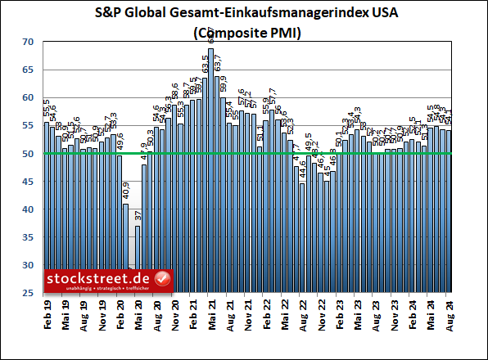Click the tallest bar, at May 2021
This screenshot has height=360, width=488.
(x=210, y=164)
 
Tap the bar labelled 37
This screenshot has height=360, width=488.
(x=138, y=254)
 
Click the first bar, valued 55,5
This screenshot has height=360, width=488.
(x=47, y=205)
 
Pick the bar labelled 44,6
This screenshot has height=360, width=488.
(x=302, y=237)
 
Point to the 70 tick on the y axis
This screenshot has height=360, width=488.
(x=28, y=42)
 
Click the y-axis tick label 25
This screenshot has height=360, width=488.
(x=28, y=293)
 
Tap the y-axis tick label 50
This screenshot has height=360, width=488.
(x=28, y=154)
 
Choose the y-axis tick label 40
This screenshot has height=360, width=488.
(x=28, y=209)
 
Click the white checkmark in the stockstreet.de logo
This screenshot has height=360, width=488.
(x=162, y=280)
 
